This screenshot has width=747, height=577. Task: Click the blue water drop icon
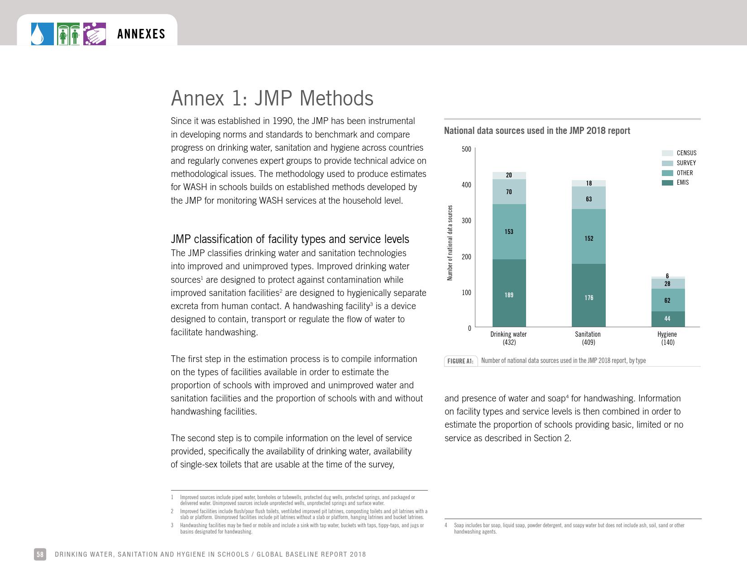[x=42, y=34]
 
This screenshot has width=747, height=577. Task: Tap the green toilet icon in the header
[x=68, y=34]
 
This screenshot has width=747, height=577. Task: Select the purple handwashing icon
[x=95, y=34]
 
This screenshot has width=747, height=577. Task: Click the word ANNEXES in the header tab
[x=141, y=34]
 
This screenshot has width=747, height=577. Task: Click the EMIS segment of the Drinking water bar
[x=509, y=293]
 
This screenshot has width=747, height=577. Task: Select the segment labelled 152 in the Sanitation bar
[x=589, y=237]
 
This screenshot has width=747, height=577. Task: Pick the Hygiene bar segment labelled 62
[x=667, y=300]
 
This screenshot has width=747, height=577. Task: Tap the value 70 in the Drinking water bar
[x=509, y=192]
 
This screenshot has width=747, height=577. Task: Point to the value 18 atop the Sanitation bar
[x=589, y=183]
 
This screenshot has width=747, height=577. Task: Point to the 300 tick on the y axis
[x=466, y=221]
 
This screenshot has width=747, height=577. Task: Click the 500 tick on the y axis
[x=466, y=149]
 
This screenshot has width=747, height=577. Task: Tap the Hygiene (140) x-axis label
[x=667, y=338]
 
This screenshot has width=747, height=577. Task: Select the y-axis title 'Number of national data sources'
[x=450, y=243]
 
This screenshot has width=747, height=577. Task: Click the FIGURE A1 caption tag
[x=460, y=361]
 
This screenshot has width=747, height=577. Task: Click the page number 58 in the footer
[x=40, y=554]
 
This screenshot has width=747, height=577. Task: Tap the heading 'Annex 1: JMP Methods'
[x=272, y=98]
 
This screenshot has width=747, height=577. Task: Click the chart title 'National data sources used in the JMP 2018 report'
[x=537, y=131]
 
